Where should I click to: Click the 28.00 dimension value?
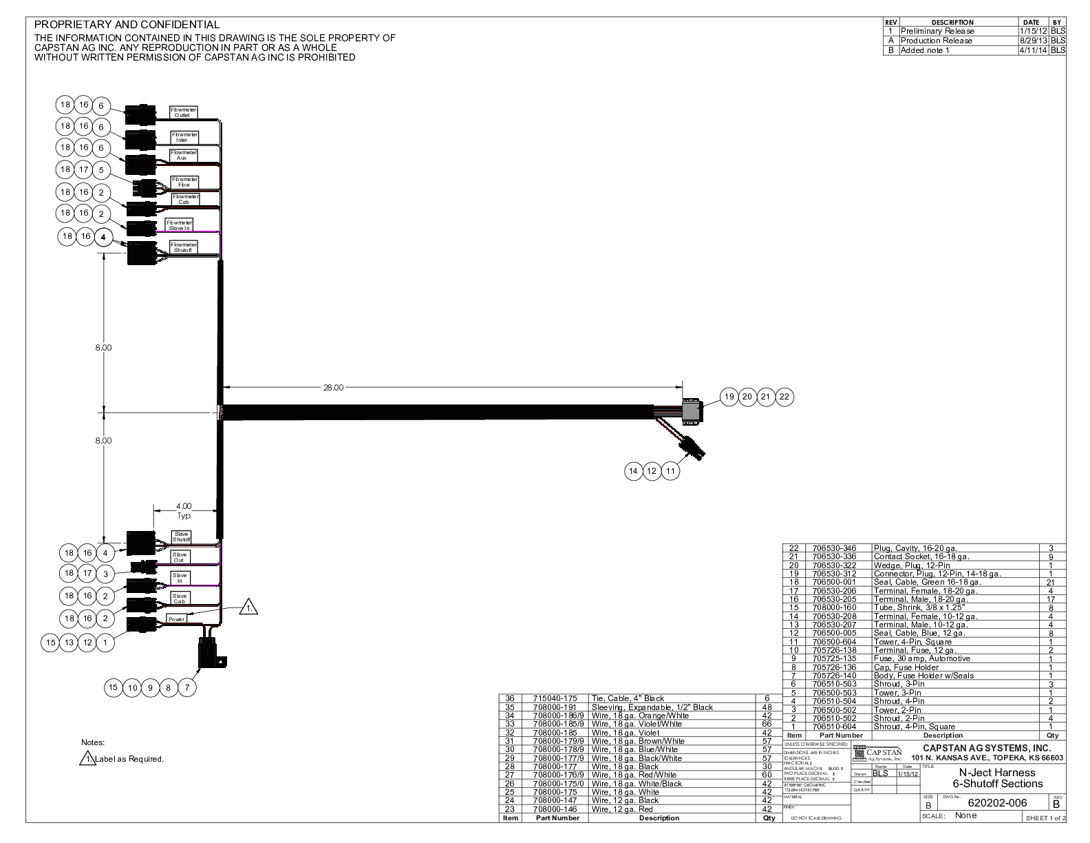(333, 388)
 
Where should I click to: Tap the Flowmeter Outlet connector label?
(183, 112)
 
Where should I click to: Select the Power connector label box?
(177, 619)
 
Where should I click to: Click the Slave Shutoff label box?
(182, 537)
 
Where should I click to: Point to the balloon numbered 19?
(729, 396)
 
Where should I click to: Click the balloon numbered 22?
(784, 396)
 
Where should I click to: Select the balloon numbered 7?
(187, 687)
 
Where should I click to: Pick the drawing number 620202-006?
(997, 803)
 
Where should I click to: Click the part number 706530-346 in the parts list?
(834, 548)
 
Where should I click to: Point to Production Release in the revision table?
(937, 41)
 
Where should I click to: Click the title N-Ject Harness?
(997, 772)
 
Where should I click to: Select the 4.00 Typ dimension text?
(184, 510)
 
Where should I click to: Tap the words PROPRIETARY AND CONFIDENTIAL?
(127, 25)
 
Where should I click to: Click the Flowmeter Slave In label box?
(179, 225)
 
